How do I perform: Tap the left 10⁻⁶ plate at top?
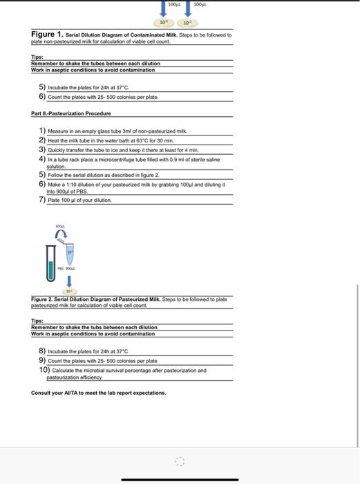point(162,21)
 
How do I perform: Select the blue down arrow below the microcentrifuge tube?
point(70,281)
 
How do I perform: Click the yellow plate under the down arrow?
point(70,292)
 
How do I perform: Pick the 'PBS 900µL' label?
point(69,270)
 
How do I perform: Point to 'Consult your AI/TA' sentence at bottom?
point(98,393)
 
